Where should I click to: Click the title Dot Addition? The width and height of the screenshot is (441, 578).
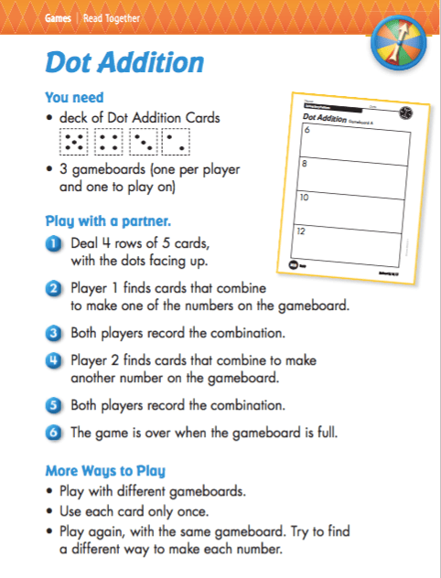[124, 63]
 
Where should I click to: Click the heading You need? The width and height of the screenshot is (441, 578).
[74, 97]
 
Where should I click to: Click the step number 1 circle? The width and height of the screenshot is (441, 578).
[53, 242]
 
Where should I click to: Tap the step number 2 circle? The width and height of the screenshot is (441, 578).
[53, 289]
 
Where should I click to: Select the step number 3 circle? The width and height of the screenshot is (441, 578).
[53, 331]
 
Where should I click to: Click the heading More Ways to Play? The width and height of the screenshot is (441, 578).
[104, 472]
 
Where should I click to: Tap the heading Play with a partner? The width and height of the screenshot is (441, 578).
[108, 220]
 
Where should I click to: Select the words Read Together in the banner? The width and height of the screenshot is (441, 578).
[113, 18]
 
